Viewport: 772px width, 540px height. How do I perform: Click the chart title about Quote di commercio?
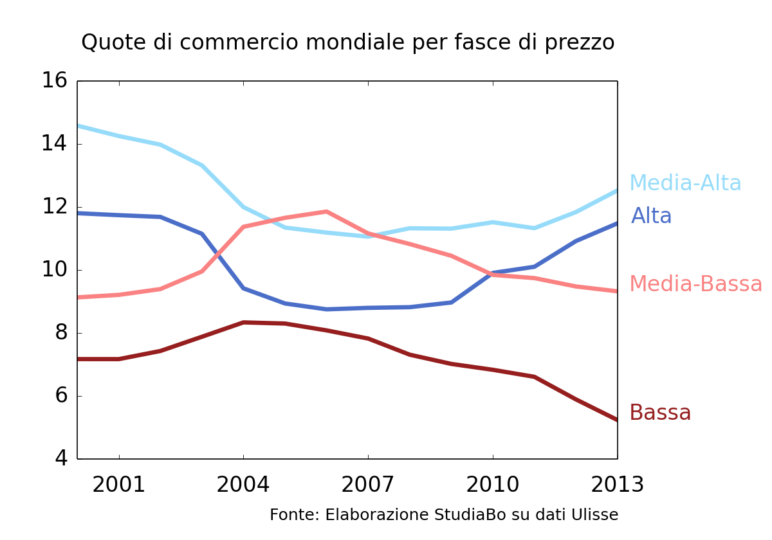point(347,42)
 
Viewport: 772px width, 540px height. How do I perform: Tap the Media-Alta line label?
point(685,183)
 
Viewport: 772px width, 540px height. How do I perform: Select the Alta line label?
point(651,216)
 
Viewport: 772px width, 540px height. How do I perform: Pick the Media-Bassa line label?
point(695,283)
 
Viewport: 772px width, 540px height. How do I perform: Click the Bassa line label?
point(660,413)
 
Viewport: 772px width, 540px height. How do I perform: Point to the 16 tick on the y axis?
point(55,81)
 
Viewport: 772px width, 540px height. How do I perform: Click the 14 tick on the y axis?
point(55,143)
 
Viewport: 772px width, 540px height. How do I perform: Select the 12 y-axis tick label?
point(55,206)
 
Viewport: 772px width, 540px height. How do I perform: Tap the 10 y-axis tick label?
point(55,269)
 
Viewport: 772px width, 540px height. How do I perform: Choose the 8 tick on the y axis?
point(61,332)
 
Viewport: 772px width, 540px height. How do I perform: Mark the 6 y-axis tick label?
point(61,395)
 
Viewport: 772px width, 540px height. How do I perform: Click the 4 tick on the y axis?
point(61,458)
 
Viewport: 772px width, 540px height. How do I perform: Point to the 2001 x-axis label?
point(119,485)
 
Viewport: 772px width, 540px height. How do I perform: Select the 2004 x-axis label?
point(243,485)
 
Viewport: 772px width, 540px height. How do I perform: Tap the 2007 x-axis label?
point(367,485)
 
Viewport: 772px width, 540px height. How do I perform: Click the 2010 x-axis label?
point(492,485)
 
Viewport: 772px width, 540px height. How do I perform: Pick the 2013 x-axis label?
point(617,485)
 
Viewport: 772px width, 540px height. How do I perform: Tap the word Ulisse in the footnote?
point(596,515)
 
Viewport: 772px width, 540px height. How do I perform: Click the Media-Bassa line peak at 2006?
point(326,212)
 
